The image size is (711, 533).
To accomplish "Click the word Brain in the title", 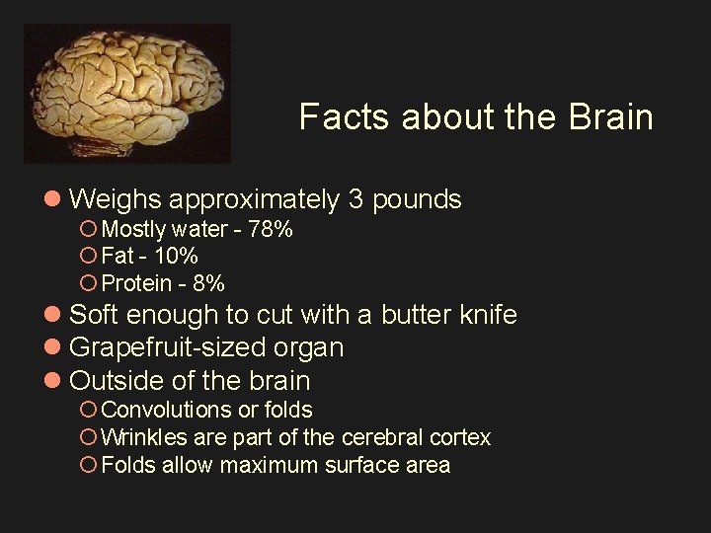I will [610, 116].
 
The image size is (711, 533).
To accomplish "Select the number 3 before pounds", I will [355, 199].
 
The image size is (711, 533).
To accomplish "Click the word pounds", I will [418, 199].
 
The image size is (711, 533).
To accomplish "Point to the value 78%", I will [272, 230].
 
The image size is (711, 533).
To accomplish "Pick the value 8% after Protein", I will [209, 283].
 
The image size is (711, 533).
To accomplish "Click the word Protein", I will [138, 283].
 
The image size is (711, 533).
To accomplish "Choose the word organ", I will [314, 347].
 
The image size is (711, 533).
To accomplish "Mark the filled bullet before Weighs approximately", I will [55, 200].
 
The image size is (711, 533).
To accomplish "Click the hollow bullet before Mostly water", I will [87, 230].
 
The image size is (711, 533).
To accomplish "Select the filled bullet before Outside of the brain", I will [55, 381].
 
